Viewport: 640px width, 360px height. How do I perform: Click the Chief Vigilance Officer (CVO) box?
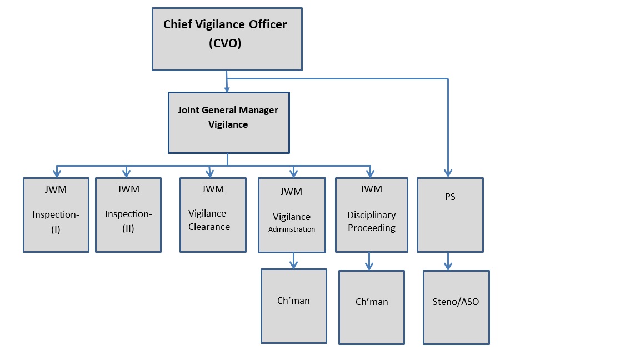tap(227, 39)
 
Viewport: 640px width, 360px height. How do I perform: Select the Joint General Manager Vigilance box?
tap(228, 122)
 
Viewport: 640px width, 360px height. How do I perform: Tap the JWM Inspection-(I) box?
tap(56, 214)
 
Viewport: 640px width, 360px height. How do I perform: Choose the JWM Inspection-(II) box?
tap(128, 214)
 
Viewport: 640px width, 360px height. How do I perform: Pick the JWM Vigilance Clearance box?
tap(213, 214)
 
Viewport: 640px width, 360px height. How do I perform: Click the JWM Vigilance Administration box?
tap(292, 214)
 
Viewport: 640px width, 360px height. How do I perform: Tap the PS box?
tap(450, 214)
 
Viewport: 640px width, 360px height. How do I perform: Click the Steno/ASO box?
tap(456, 307)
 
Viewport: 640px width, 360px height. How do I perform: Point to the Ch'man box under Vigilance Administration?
tap(293, 306)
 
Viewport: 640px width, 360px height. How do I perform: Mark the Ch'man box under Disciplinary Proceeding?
tap(371, 307)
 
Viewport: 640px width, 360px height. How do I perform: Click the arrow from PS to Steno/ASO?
tap(449, 261)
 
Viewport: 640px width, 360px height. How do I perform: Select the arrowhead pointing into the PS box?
tap(448, 173)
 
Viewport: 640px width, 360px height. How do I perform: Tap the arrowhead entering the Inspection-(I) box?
tap(56, 173)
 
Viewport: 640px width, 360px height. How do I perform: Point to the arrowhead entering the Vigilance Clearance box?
tap(210, 173)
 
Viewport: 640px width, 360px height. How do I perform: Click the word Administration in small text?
tap(292, 229)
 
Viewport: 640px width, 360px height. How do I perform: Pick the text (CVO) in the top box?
tap(225, 44)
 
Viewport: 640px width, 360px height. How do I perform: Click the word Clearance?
tap(209, 227)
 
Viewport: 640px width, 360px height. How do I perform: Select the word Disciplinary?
tap(371, 215)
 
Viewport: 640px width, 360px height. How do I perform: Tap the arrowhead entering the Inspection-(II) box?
tap(126, 173)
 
